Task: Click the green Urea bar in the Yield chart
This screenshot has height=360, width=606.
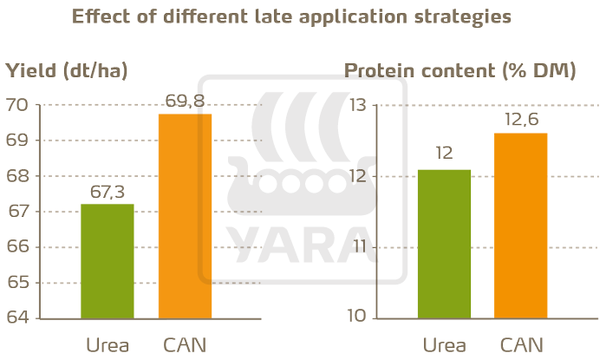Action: [x=107, y=261]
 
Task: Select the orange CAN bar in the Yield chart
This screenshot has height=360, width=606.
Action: [x=185, y=216]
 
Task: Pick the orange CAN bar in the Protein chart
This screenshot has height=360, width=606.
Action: [x=520, y=226]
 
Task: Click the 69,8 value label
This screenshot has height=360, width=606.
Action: [x=185, y=101]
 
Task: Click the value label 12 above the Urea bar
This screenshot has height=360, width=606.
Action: [x=444, y=154]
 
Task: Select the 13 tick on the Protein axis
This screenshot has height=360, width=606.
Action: [x=357, y=105]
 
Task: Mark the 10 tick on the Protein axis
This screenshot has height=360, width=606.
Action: [x=357, y=318]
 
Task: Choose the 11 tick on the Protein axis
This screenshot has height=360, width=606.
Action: [x=357, y=247]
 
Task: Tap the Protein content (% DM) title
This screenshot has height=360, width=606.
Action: [x=460, y=71]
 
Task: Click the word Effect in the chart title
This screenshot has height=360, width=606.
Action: [x=100, y=16]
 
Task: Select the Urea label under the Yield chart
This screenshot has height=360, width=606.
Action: [x=107, y=345]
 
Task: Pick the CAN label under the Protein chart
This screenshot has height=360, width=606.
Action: [x=520, y=345]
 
